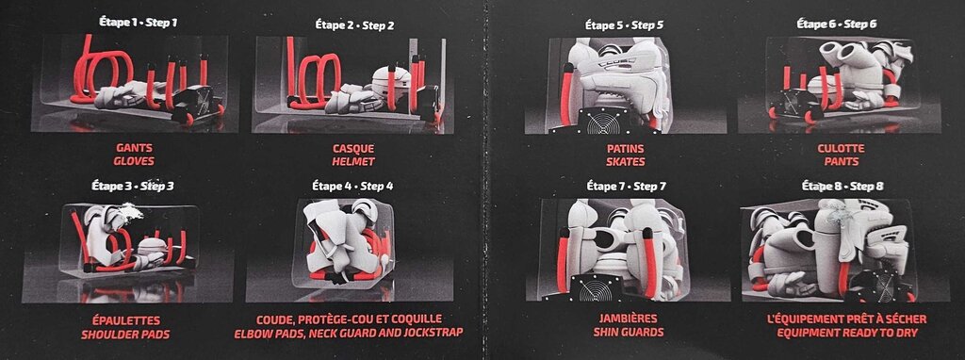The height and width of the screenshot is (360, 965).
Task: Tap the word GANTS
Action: coord(134,148)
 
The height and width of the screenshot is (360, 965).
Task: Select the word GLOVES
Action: coord(134,161)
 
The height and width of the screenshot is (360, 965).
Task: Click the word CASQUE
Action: coord(353,149)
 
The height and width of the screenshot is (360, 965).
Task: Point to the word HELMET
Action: coord(353,162)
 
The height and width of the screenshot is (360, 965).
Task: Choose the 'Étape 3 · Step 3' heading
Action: coord(133,186)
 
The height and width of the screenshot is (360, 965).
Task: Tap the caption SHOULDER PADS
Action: coord(125,335)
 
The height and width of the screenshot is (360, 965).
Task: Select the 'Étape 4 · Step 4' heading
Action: coord(352,186)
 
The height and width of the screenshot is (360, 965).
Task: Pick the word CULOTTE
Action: coord(841,148)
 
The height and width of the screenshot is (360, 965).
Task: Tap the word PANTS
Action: coord(841,161)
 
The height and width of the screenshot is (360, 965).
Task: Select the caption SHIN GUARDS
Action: coord(629,333)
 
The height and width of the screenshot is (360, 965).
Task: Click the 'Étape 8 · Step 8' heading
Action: coord(842,186)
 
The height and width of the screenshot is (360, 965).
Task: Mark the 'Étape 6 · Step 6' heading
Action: coord(837,24)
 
